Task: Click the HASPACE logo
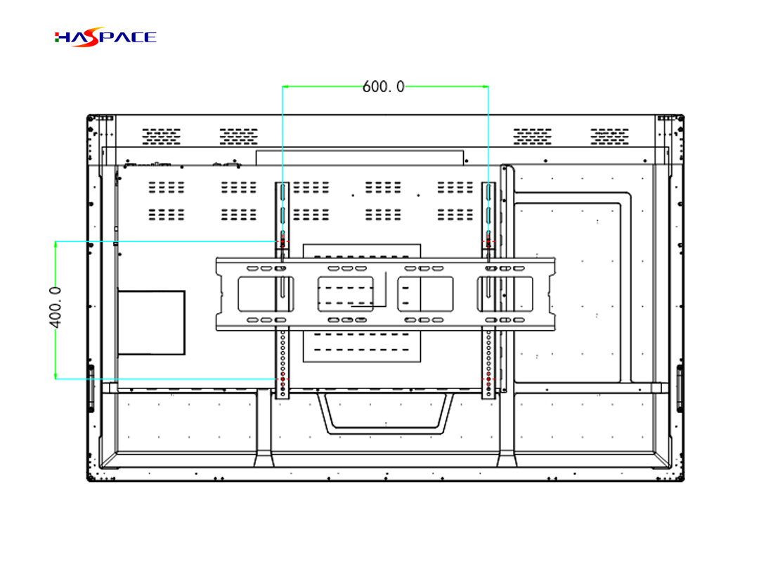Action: (x=105, y=37)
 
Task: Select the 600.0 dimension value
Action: (x=383, y=87)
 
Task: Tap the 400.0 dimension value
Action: (x=56, y=307)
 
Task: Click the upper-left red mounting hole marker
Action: (x=282, y=241)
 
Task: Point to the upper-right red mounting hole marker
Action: (x=488, y=241)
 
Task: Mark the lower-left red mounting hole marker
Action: (x=282, y=379)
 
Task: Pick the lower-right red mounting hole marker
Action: (x=488, y=379)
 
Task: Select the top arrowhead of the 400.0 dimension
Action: (x=56, y=244)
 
